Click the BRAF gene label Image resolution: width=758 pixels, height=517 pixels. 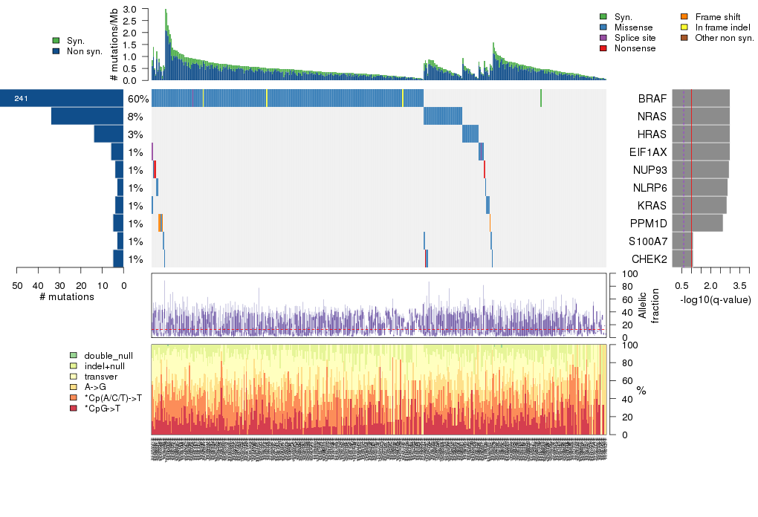point(651,99)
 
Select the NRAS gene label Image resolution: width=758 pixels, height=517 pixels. point(651,117)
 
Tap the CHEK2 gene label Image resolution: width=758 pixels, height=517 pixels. point(650,259)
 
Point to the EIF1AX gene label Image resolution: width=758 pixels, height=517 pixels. point(649,152)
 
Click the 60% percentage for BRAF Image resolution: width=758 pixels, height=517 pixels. point(138,99)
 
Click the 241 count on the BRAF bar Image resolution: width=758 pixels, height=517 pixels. point(21,99)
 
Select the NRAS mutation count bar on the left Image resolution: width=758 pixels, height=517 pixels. point(87,117)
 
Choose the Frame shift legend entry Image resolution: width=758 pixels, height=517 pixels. point(717,16)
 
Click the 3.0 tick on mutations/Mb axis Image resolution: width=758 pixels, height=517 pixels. point(129,10)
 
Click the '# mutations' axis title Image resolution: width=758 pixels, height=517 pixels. point(67,297)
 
